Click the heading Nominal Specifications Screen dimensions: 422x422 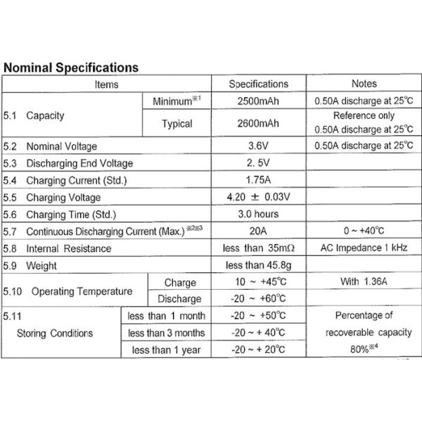70,68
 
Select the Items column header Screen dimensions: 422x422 107,84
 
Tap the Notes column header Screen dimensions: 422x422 364,84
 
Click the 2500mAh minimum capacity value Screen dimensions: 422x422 258,101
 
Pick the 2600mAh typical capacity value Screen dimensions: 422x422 258,123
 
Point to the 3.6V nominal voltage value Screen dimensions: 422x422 258,146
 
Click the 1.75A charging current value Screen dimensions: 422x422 258,180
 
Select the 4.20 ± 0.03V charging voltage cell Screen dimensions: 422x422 258,197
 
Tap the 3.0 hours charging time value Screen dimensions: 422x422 258,214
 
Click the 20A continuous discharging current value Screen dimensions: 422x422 258,231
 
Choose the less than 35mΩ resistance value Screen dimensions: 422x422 258,248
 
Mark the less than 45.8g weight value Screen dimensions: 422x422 258,265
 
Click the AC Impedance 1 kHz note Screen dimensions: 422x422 364,248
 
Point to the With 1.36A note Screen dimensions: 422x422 364,282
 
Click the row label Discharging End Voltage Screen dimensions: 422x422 79,163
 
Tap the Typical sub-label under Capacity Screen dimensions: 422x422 177,123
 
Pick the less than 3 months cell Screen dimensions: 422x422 167,332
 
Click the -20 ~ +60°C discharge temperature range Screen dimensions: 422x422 258,298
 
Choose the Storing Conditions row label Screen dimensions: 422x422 55,332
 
